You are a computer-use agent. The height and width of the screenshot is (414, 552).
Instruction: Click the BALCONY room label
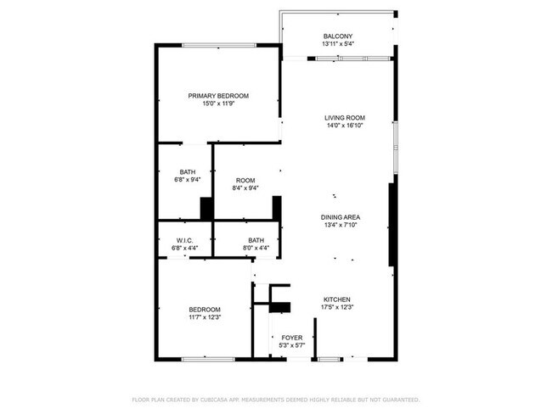coord(337,36)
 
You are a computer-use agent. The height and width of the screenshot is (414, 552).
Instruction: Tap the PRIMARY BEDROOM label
coord(218,96)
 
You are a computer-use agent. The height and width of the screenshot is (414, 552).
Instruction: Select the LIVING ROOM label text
coord(344,118)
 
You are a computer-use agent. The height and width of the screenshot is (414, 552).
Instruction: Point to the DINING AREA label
coord(340,217)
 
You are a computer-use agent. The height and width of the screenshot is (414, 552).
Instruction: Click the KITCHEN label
coord(336,299)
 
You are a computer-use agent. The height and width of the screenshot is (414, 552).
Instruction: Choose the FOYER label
coord(291,338)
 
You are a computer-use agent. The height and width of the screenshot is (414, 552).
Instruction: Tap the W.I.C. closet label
coord(184,240)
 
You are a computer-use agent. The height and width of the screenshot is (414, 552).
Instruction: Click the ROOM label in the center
coord(245,180)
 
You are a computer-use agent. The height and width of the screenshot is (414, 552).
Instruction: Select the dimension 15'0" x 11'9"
coord(218,104)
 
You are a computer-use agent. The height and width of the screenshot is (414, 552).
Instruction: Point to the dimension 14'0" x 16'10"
coord(344,126)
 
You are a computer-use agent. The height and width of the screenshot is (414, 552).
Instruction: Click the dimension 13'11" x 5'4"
coord(337,44)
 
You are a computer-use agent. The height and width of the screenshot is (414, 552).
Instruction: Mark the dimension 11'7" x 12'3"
coord(205,317)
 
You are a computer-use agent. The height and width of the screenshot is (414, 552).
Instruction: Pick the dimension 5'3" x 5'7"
coord(291,345)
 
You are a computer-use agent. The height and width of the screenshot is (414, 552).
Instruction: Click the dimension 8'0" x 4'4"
coord(256,248)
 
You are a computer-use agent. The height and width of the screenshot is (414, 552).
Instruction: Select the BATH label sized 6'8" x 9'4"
coord(187,172)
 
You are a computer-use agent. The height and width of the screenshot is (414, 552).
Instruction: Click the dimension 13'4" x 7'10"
coord(340,226)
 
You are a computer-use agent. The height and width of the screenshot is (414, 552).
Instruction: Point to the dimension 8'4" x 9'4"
coord(245,188)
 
